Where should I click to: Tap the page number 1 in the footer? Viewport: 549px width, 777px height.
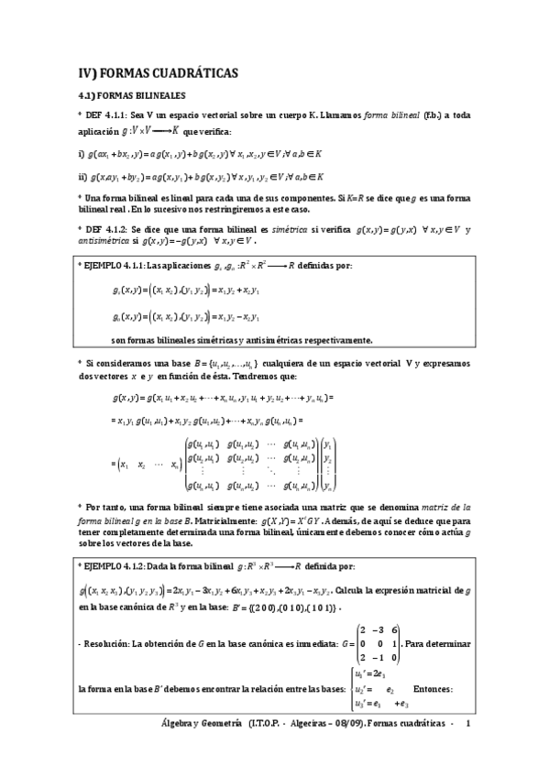pyautogui.click(x=467, y=724)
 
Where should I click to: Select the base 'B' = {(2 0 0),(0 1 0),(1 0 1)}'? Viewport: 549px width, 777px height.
pyautogui.click(x=264, y=607)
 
